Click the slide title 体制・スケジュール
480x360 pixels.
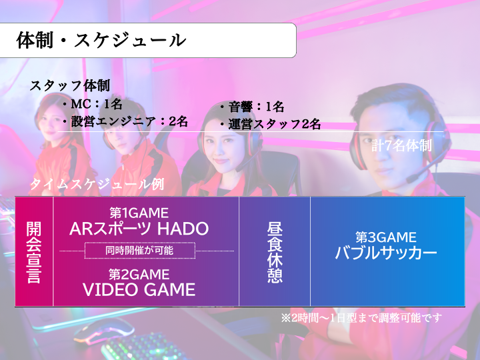click(101, 40)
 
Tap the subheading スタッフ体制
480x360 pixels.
click(70, 85)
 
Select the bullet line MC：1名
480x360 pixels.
click(93, 104)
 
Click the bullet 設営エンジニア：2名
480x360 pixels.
click(125, 121)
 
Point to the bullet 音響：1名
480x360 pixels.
click(252, 107)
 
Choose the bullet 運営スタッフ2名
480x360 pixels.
click(270, 124)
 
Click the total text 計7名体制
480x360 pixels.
click(401, 145)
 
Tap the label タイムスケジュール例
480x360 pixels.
click(97, 184)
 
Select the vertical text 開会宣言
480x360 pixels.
click(34, 252)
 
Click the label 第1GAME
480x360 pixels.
click(139, 213)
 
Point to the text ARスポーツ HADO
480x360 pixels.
click(139, 229)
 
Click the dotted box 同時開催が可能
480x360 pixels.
click(139, 251)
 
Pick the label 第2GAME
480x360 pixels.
click(139, 274)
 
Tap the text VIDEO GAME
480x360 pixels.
click(139, 289)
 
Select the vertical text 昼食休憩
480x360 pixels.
click(275, 252)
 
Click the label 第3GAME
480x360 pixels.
click(386, 237)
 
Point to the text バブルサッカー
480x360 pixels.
click(386, 253)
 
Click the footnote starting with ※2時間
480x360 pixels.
click(361, 318)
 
